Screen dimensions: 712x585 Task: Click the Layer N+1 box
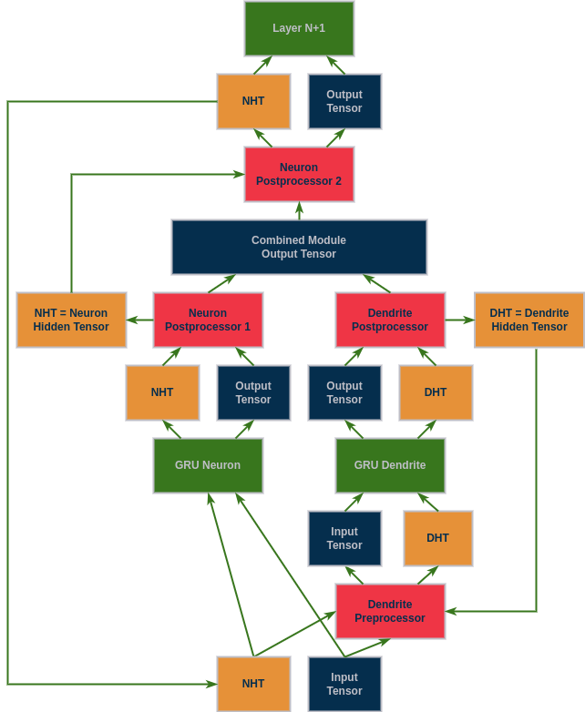tap(299, 28)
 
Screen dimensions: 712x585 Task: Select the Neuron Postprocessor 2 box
tap(299, 174)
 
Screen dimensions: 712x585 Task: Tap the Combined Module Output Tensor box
tap(299, 247)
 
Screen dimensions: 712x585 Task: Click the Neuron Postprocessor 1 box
tap(208, 320)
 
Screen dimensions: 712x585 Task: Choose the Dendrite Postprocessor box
tap(390, 320)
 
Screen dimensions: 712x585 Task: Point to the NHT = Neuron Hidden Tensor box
tap(71, 320)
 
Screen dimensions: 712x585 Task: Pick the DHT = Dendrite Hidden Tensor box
tap(529, 320)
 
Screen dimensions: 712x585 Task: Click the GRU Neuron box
tap(208, 465)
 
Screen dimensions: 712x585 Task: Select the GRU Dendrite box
tap(390, 465)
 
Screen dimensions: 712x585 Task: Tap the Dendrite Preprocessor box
tap(390, 611)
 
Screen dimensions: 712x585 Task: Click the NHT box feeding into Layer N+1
tap(253, 101)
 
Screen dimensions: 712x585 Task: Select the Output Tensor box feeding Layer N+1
tap(344, 101)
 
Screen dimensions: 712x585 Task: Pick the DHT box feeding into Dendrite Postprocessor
tap(436, 392)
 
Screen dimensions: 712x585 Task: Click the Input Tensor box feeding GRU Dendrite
tap(344, 538)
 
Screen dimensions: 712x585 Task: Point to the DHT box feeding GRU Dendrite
tap(437, 538)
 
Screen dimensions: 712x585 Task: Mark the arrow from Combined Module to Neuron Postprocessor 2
tap(299, 211)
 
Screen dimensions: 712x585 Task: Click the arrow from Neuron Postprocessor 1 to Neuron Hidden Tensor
tap(139, 320)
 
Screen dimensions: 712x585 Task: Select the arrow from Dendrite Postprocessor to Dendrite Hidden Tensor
tap(460, 320)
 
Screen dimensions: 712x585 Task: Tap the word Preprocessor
tap(390, 618)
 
